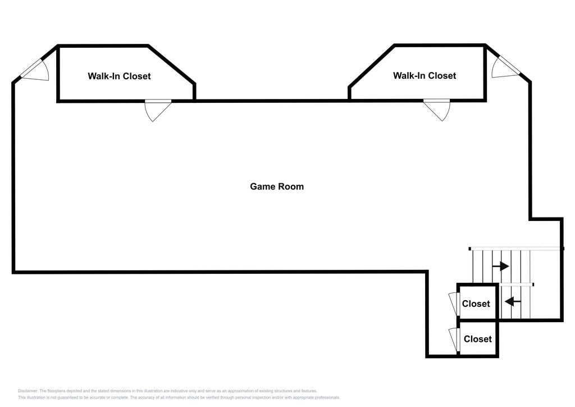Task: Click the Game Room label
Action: [x=277, y=186]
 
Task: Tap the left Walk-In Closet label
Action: [x=119, y=76]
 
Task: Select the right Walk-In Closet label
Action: [x=425, y=75]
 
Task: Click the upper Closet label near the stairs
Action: [x=476, y=304]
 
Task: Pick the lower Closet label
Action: [x=478, y=339]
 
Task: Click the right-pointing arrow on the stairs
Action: [x=500, y=265]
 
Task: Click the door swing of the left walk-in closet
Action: [x=157, y=110]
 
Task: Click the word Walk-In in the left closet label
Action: [x=104, y=76]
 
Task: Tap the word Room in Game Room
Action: [x=291, y=186]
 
